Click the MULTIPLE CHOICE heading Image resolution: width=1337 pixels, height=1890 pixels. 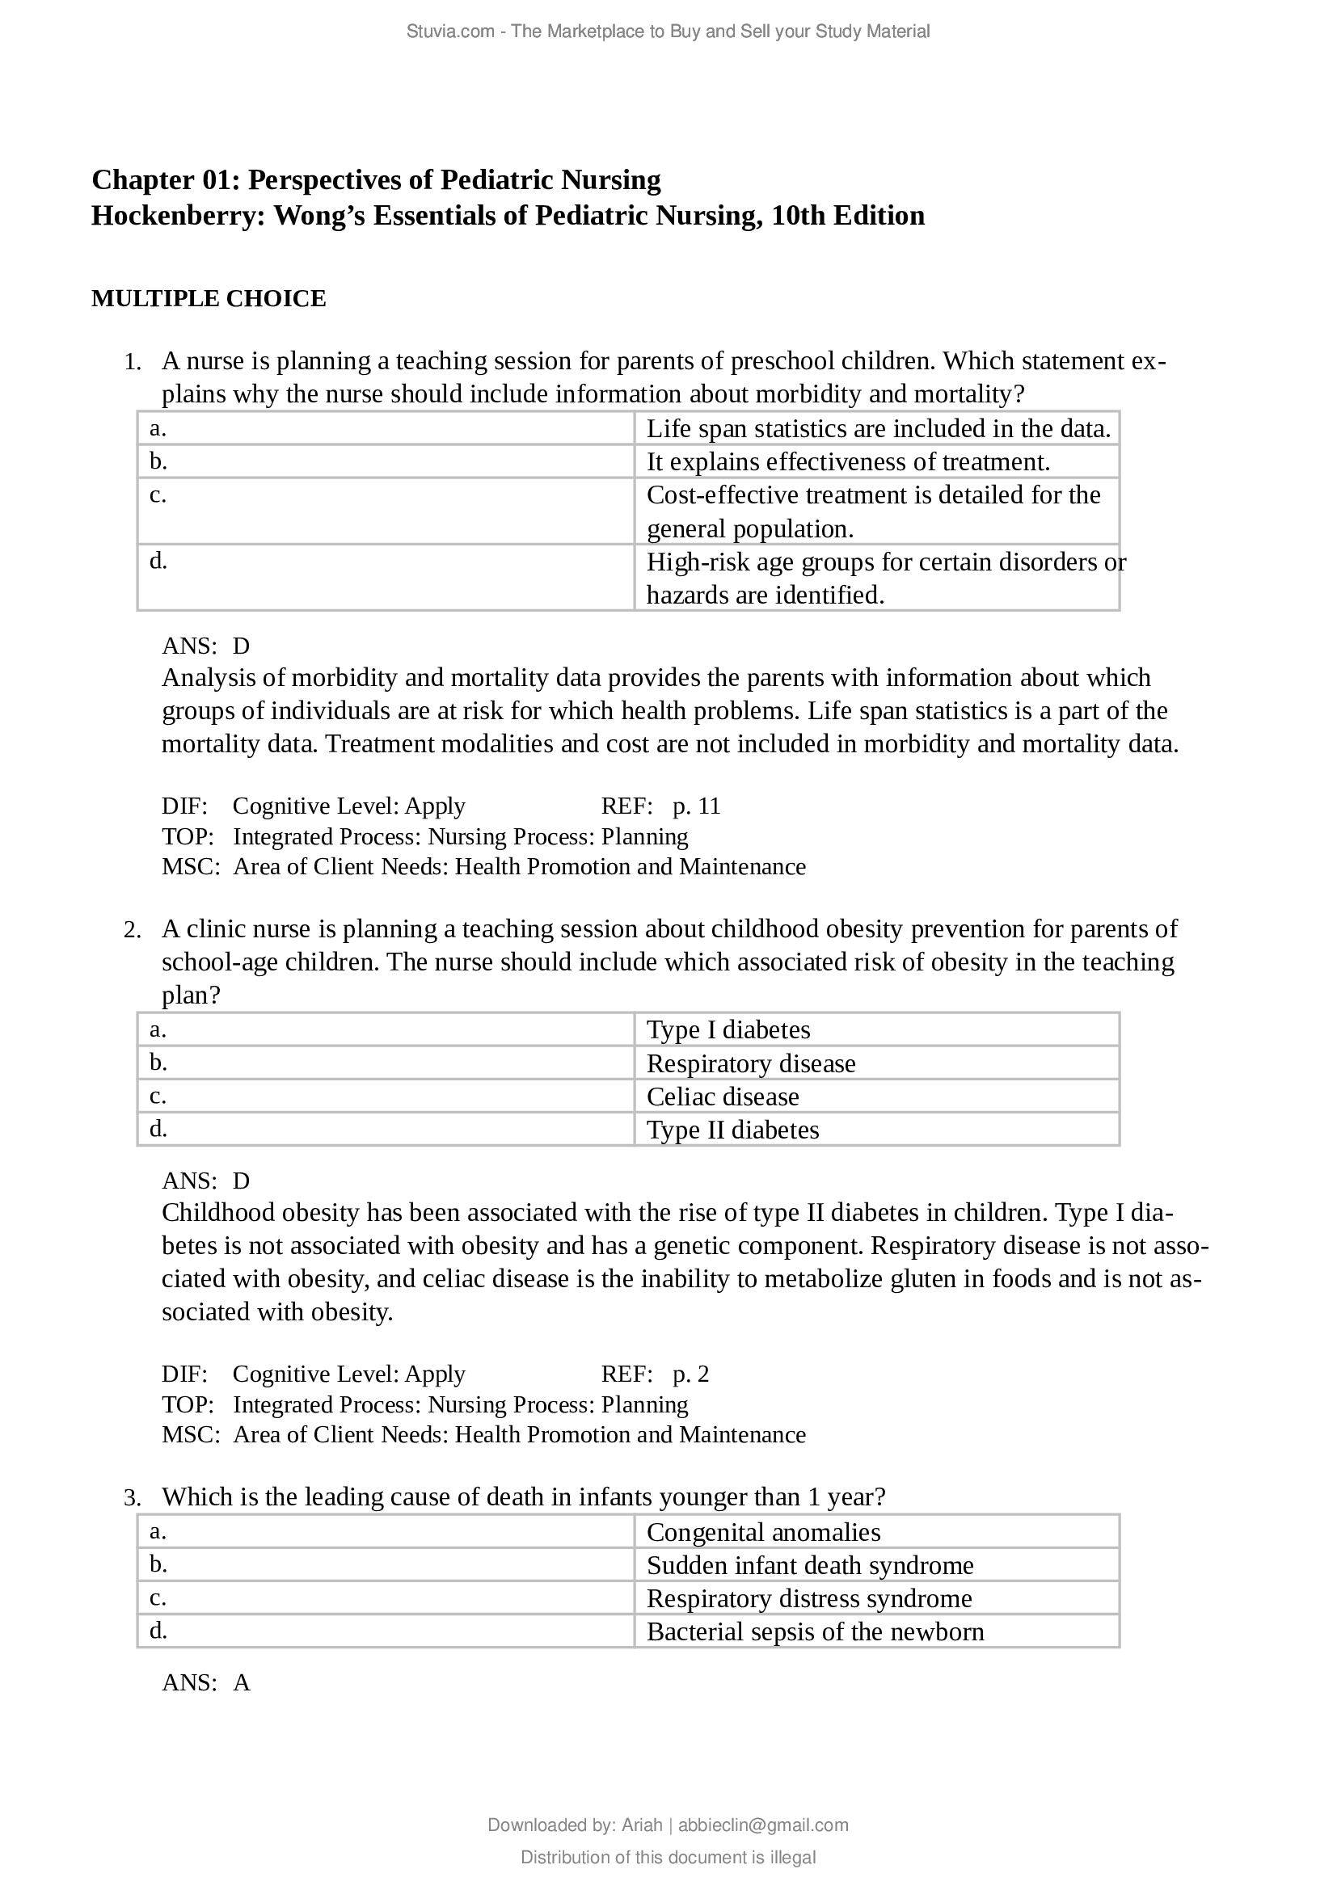pos(209,299)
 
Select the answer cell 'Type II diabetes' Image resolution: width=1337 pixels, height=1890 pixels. pos(732,1130)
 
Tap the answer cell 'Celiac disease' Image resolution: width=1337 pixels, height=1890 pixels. pos(722,1097)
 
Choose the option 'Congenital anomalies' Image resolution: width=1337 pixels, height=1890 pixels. pos(762,1532)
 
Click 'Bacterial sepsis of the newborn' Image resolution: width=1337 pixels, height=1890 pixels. pos(814,1631)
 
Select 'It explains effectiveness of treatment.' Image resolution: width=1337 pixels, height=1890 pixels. pos(848,462)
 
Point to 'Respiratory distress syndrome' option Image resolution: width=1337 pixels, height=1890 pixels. pos(808,1598)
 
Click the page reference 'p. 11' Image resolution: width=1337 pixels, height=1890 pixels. pos(697,806)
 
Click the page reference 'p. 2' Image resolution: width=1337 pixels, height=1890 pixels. pos(690,1374)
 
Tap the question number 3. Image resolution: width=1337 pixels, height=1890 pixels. pos(132,1498)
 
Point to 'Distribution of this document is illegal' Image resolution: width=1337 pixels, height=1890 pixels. pos(668,1857)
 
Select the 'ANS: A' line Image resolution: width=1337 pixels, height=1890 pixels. pos(206,1682)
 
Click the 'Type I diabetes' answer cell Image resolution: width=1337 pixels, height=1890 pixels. pos(728,1029)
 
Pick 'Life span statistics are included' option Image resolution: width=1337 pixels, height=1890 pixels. pos(878,428)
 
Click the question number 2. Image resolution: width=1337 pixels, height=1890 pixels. pos(132,930)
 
